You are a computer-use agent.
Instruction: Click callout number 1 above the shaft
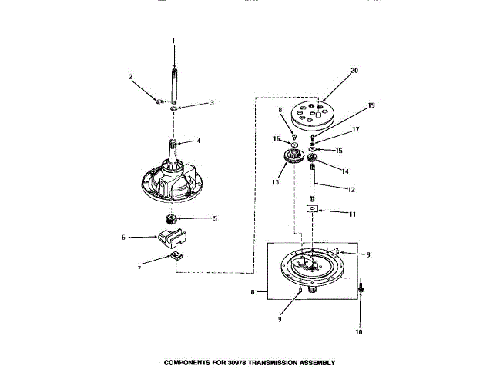(x=174, y=40)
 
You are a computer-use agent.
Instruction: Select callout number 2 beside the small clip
(x=131, y=76)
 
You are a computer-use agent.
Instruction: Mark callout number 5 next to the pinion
(x=214, y=218)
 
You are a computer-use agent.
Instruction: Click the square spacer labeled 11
(x=312, y=208)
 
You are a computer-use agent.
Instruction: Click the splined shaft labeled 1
(x=174, y=81)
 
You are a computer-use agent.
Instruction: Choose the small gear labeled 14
(x=313, y=160)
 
